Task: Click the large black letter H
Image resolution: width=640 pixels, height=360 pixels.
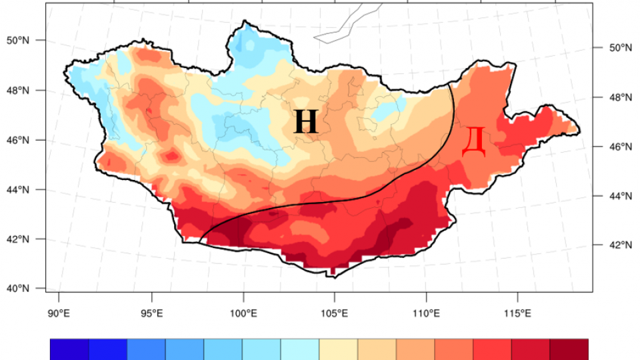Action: click(306, 121)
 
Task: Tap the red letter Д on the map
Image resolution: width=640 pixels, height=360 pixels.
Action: click(473, 142)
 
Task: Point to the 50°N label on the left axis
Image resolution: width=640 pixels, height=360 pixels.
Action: click(18, 41)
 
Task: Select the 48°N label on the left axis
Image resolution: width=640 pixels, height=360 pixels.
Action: click(18, 90)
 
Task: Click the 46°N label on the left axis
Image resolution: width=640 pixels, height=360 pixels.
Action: click(18, 140)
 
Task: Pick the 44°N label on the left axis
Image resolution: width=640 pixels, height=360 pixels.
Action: click(18, 190)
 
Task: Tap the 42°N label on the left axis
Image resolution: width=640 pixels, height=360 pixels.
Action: click(18, 239)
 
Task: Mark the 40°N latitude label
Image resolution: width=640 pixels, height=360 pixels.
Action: click(18, 289)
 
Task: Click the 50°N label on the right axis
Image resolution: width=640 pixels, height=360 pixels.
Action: click(621, 48)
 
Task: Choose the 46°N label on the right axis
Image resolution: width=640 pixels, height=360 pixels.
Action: click(621, 147)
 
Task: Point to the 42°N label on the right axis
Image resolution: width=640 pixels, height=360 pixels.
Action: click(621, 245)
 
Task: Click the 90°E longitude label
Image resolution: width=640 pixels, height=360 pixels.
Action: click(59, 313)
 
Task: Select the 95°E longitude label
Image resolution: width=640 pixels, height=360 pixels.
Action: click(151, 313)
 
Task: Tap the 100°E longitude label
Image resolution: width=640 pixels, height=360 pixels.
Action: click(243, 313)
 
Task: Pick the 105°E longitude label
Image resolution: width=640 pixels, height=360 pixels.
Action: click(334, 313)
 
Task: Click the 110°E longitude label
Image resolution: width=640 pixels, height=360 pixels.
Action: click(426, 313)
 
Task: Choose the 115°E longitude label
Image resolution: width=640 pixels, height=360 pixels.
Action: click(517, 313)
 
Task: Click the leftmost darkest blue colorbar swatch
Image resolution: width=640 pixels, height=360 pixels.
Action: click(70, 349)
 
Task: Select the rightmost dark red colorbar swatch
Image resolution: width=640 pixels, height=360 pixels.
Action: click(569, 349)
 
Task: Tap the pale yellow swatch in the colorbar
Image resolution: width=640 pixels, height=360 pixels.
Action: click(339, 349)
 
